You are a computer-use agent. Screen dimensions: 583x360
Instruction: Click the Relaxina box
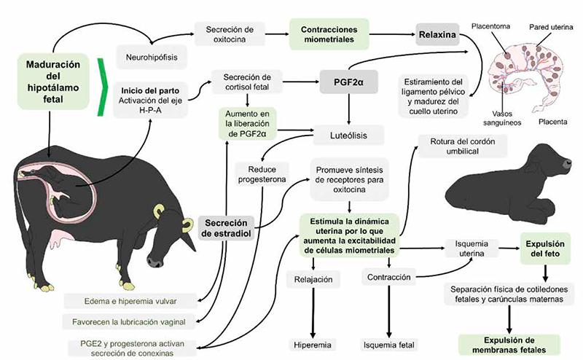pyautogui.click(x=437, y=34)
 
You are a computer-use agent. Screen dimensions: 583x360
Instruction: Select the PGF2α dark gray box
pyautogui.click(x=349, y=82)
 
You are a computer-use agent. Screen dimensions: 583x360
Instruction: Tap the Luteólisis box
pyautogui.click(x=349, y=136)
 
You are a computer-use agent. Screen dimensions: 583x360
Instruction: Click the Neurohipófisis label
pyautogui.click(x=152, y=58)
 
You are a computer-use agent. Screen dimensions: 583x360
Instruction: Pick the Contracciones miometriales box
pyautogui.click(x=329, y=34)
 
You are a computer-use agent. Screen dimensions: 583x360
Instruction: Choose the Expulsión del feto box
pyautogui.click(x=545, y=249)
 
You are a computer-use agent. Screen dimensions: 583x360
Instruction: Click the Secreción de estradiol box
pyautogui.click(x=226, y=228)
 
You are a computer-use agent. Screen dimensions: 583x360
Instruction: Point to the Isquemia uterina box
pyautogui.click(x=472, y=249)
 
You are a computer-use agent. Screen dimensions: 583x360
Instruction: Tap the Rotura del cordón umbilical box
pyautogui.click(x=463, y=146)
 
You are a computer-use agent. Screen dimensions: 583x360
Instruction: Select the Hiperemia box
pyautogui.click(x=313, y=345)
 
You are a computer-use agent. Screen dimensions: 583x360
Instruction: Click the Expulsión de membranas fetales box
pyautogui.click(x=509, y=345)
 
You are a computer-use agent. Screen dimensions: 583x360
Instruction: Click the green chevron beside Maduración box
pyautogui.click(x=102, y=87)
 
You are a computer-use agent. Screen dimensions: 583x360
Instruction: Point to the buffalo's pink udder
pyautogui.click(x=60, y=239)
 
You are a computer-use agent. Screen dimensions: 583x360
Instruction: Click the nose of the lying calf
pyautogui.click(x=568, y=164)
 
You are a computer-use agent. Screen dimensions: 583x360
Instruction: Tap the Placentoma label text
pyautogui.click(x=490, y=26)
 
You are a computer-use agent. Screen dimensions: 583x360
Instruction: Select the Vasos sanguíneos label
pyautogui.click(x=502, y=118)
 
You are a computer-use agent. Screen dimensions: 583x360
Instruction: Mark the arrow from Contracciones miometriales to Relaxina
pyautogui.click(x=392, y=34)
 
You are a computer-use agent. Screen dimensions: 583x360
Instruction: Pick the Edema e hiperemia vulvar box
pyautogui.click(x=130, y=301)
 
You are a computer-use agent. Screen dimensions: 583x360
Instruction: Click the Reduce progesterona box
pyautogui.click(x=262, y=174)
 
